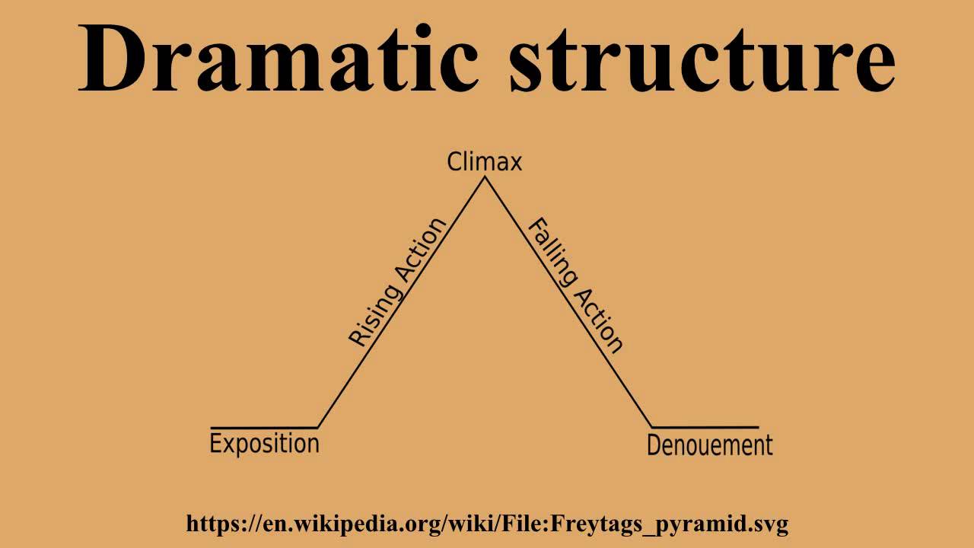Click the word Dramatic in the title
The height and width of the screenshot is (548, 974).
click(x=279, y=59)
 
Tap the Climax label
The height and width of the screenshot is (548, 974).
click(x=485, y=162)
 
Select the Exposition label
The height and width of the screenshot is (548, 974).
click(x=264, y=444)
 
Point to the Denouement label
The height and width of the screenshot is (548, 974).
click(x=709, y=445)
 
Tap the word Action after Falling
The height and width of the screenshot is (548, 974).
click(x=601, y=320)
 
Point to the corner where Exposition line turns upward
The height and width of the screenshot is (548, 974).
click(x=317, y=428)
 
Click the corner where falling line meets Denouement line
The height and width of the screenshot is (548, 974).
click(x=652, y=428)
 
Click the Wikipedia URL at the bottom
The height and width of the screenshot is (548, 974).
click(x=487, y=524)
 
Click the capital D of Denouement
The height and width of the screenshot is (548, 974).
click(x=654, y=445)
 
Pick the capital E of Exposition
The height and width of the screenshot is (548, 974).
click(x=216, y=443)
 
